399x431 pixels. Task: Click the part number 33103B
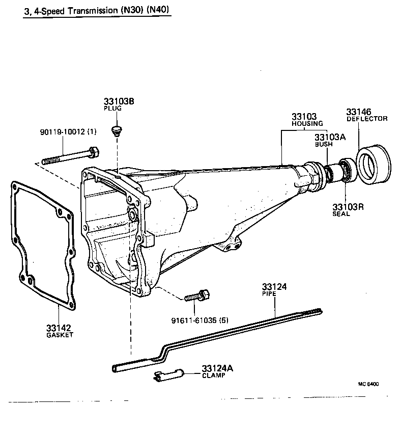(x=119, y=101)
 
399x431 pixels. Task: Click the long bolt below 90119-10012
(x=71, y=155)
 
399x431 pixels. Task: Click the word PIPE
(x=268, y=294)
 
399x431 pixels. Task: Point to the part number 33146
(x=359, y=112)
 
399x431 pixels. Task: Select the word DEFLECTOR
(x=367, y=119)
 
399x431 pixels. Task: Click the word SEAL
(x=341, y=214)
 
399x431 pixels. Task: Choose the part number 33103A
(x=330, y=137)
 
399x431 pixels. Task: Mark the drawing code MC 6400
(x=368, y=385)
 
